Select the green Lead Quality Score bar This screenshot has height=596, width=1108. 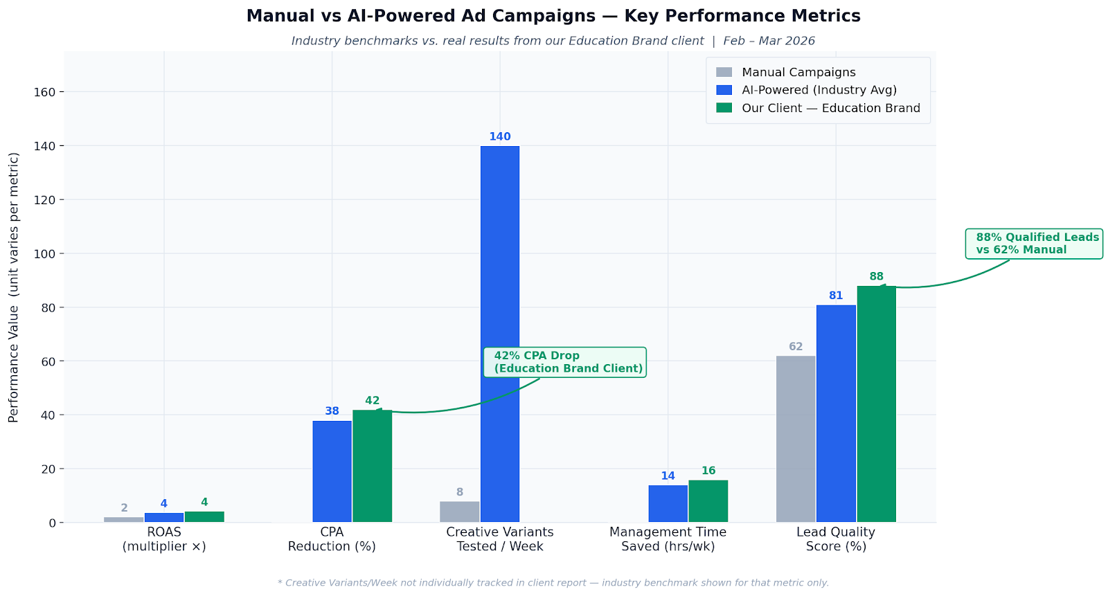876,404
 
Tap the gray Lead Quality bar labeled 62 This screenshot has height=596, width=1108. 795,439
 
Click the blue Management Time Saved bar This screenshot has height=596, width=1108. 668,504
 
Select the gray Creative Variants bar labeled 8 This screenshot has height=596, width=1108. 459,512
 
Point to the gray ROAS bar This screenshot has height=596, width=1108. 123,519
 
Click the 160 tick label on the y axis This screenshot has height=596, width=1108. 46,92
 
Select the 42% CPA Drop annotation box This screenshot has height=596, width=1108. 564,362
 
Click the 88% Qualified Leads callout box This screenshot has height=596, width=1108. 1034,244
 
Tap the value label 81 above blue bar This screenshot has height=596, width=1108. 836,296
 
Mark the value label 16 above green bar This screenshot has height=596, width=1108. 708,471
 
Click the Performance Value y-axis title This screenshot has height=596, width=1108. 14,287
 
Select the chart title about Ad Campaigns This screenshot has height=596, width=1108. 553,16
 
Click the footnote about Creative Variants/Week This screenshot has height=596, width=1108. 553,583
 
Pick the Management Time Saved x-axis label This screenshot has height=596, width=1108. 668,539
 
